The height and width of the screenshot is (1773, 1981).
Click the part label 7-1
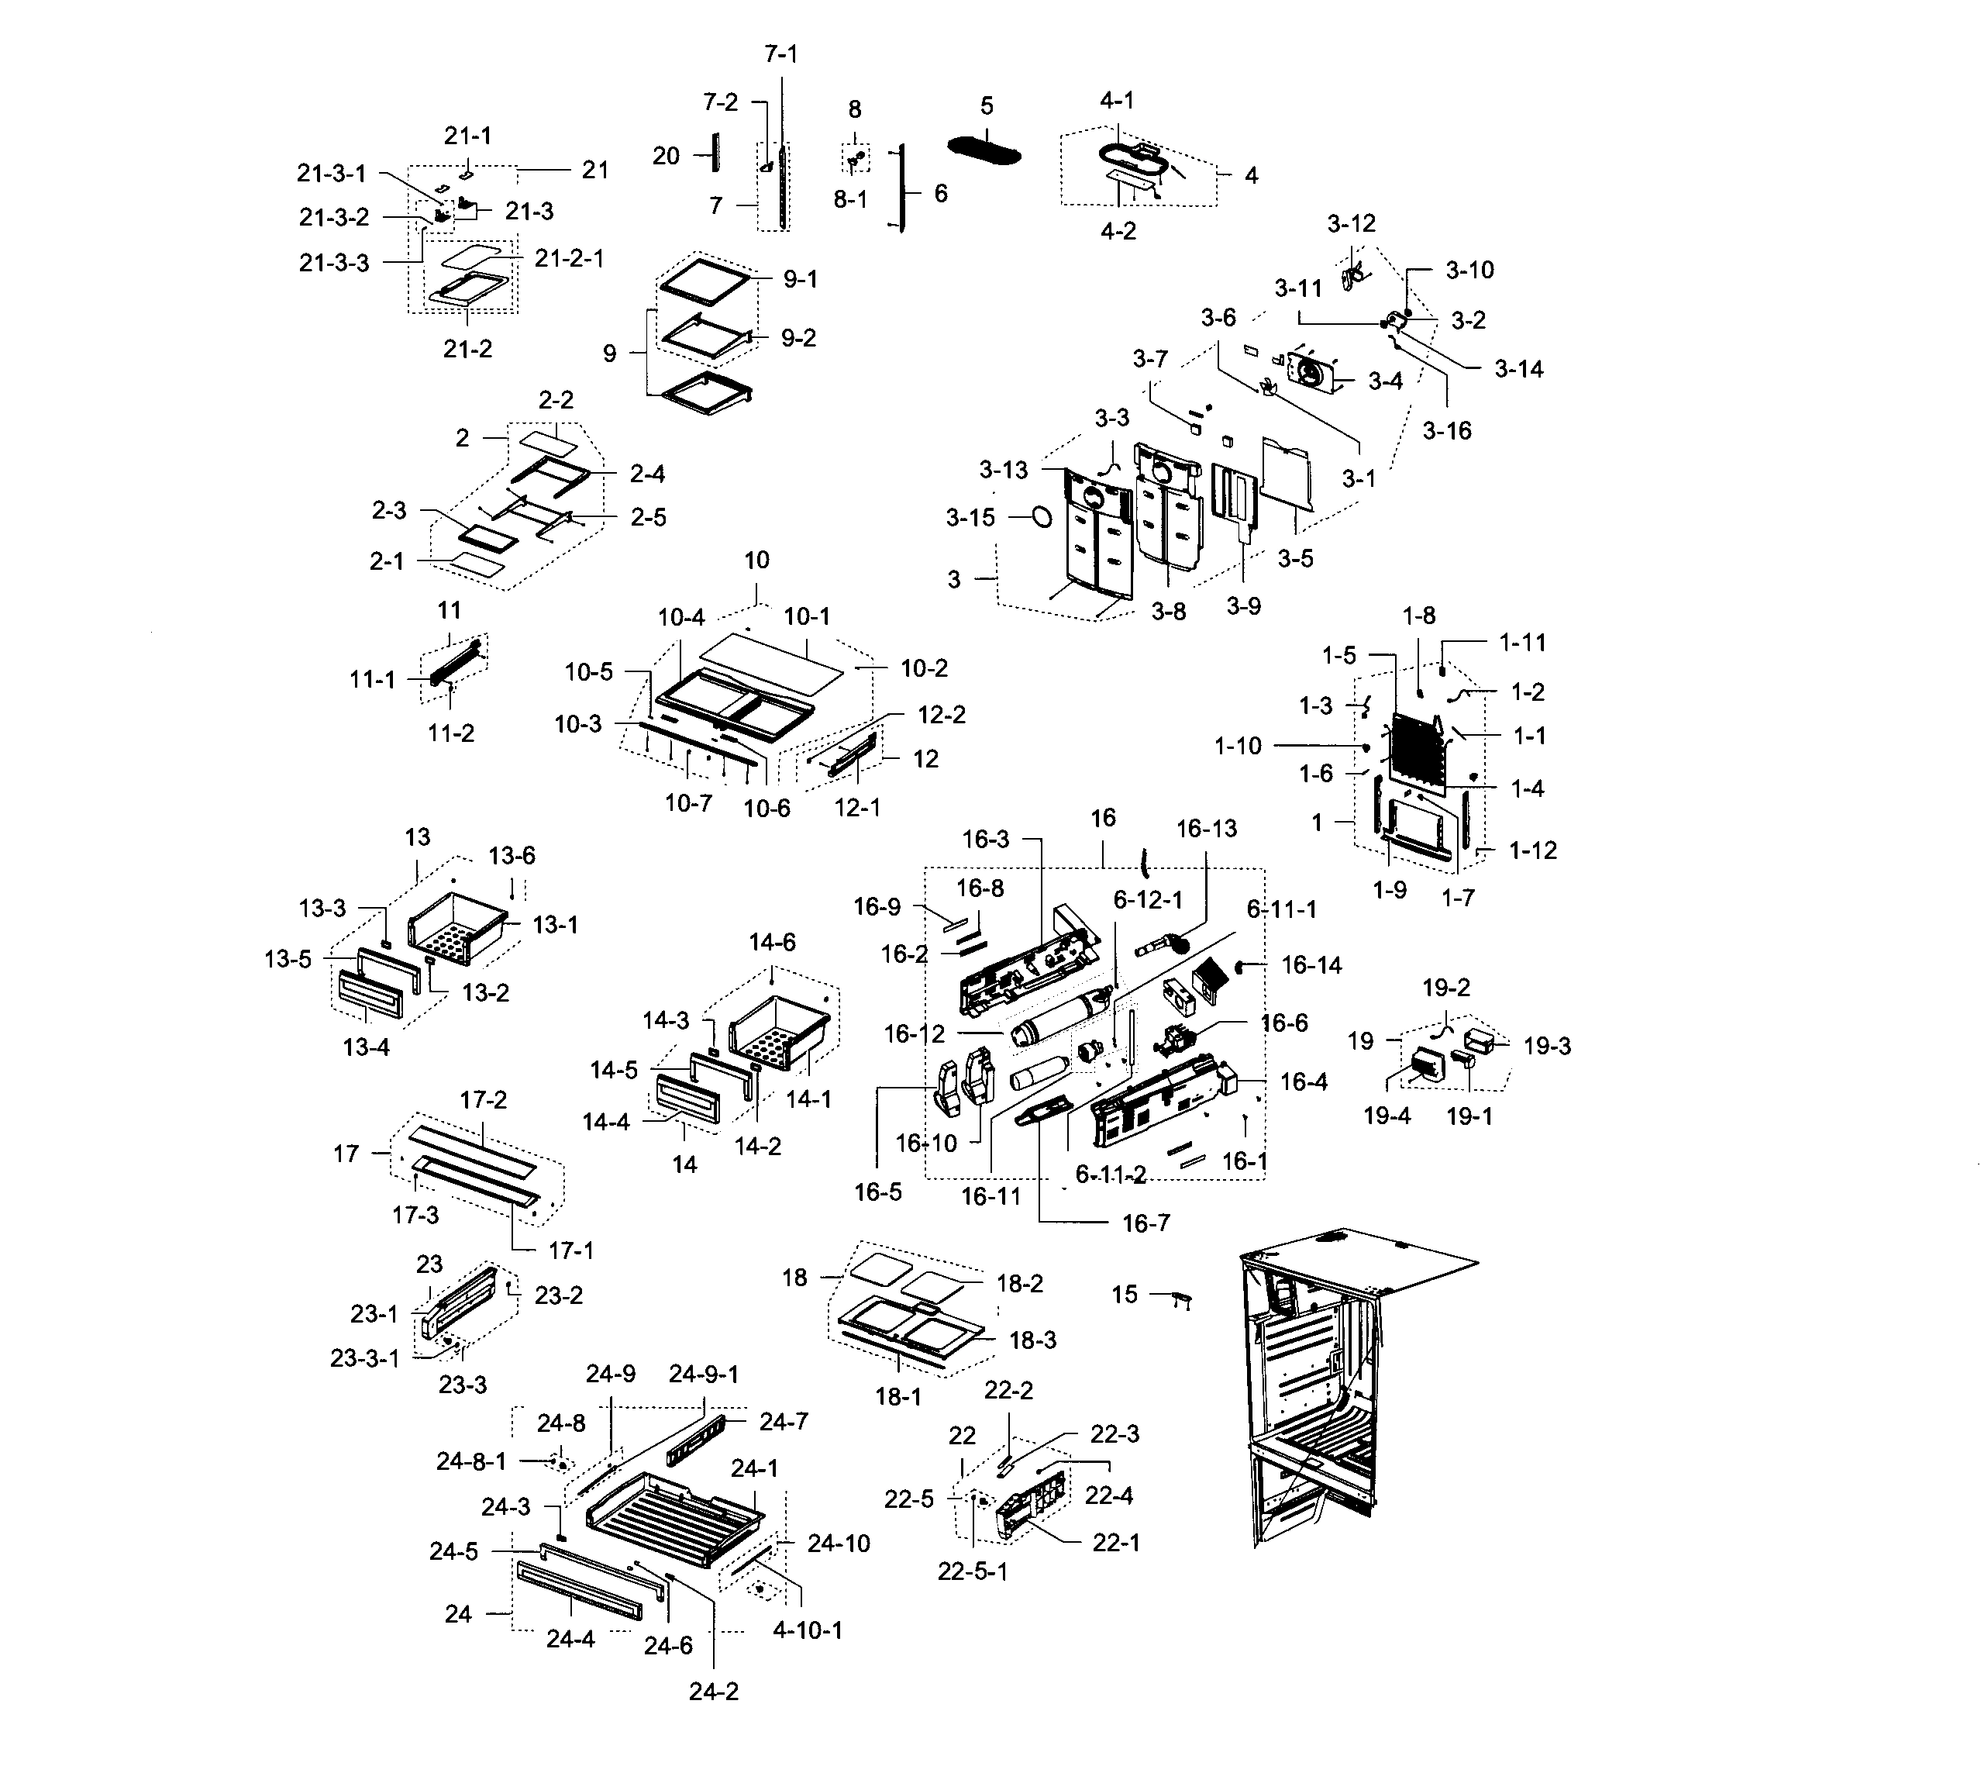click(x=780, y=54)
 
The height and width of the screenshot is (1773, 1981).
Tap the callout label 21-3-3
click(x=334, y=263)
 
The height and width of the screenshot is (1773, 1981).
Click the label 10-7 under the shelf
click(x=688, y=802)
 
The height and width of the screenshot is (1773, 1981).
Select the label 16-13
click(x=1206, y=829)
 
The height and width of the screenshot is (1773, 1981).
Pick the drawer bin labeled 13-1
click(x=458, y=929)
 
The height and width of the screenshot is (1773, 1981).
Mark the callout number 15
click(x=1124, y=1295)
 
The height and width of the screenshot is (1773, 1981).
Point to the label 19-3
click(x=1547, y=1047)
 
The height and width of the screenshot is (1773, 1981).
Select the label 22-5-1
click(x=972, y=1572)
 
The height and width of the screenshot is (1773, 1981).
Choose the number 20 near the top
click(x=667, y=156)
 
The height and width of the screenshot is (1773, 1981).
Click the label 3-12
click(x=1351, y=224)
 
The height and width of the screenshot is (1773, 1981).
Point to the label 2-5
click(x=648, y=517)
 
